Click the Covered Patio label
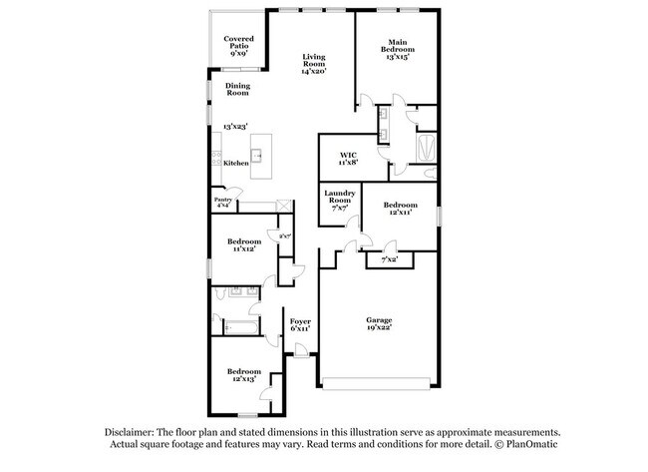[x=238, y=45]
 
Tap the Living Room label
[x=314, y=64]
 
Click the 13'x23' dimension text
[x=235, y=127]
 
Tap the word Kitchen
[x=235, y=163]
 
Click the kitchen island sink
[x=256, y=156]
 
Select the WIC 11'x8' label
[x=348, y=158]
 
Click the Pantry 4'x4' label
[x=223, y=202]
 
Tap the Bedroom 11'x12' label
[x=243, y=244]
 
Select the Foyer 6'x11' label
[x=300, y=324]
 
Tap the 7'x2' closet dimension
[x=389, y=259]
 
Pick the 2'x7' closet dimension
[x=284, y=236]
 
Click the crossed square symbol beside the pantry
[x=286, y=207]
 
